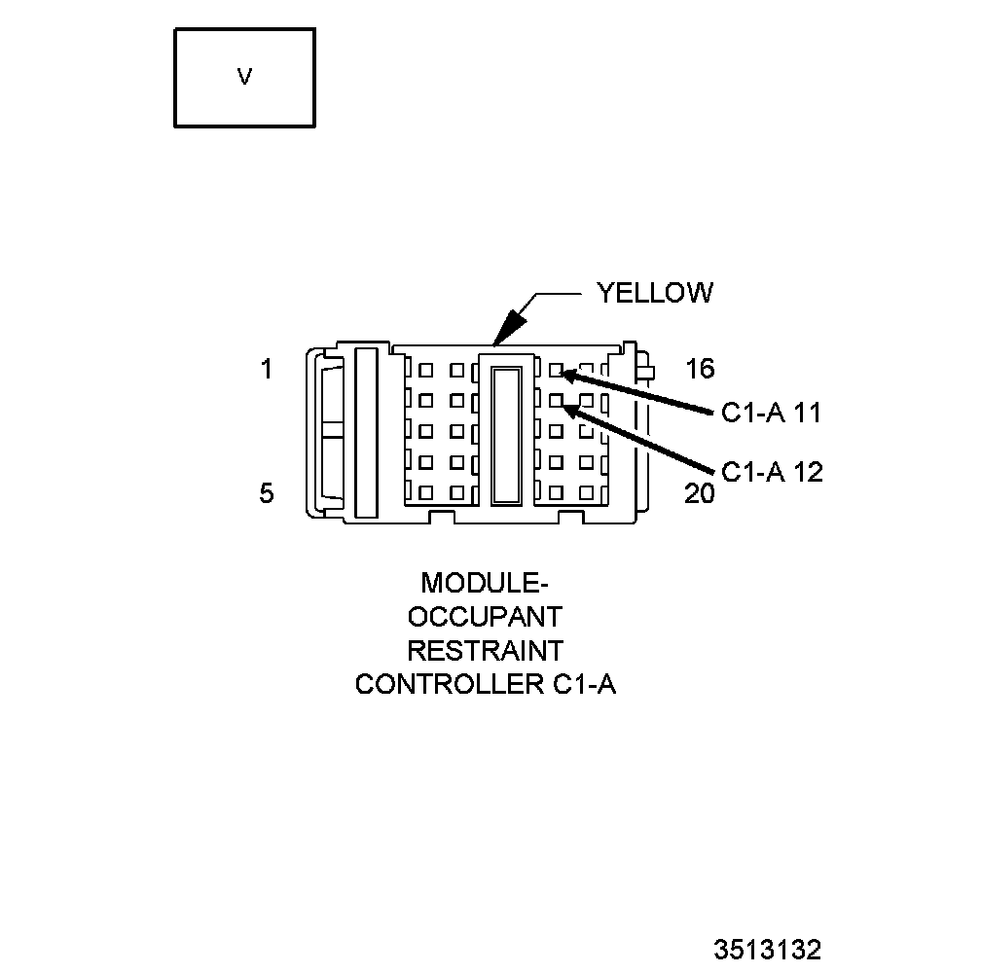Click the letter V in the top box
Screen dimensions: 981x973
[244, 77]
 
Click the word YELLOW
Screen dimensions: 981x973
[655, 293]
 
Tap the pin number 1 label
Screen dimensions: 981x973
[267, 370]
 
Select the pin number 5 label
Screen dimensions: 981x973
[267, 493]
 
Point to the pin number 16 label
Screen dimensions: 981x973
[699, 369]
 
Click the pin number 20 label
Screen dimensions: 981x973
[699, 494]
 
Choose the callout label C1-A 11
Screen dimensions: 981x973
[772, 413]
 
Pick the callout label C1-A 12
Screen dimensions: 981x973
[772, 473]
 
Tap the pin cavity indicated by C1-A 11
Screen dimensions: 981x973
[556, 370]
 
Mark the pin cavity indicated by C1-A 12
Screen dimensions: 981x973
[556, 400]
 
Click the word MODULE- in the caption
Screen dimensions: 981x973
[485, 583]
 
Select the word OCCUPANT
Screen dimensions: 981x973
[485, 617]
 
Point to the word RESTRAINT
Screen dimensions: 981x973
[485, 650]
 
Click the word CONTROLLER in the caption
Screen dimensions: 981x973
[443, 684]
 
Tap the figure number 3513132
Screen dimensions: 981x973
[768, 949]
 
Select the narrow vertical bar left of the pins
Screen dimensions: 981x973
[366, 432]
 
